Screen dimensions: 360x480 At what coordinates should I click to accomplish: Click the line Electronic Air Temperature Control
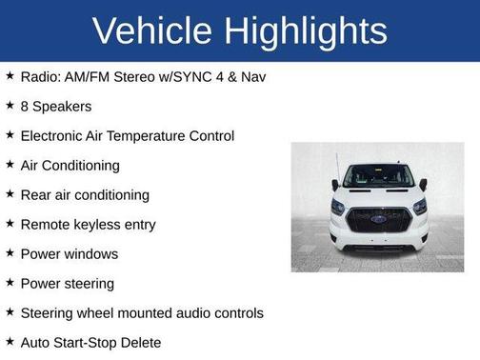tap(127, 135)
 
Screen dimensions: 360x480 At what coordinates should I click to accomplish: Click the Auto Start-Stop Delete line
tap(90, 343)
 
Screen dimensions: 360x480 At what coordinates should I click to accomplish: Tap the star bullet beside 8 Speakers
tap(10, 105)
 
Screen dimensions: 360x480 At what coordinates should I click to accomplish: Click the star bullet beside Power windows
tap(10, 253)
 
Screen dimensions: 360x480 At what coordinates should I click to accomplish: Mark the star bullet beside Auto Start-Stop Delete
tap(10, 341)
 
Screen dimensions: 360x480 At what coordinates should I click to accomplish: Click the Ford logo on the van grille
tap(378, 219)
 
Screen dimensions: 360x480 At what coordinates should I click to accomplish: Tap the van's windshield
tap(378, 177)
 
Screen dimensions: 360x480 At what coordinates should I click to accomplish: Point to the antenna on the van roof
tap(337, 164)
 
